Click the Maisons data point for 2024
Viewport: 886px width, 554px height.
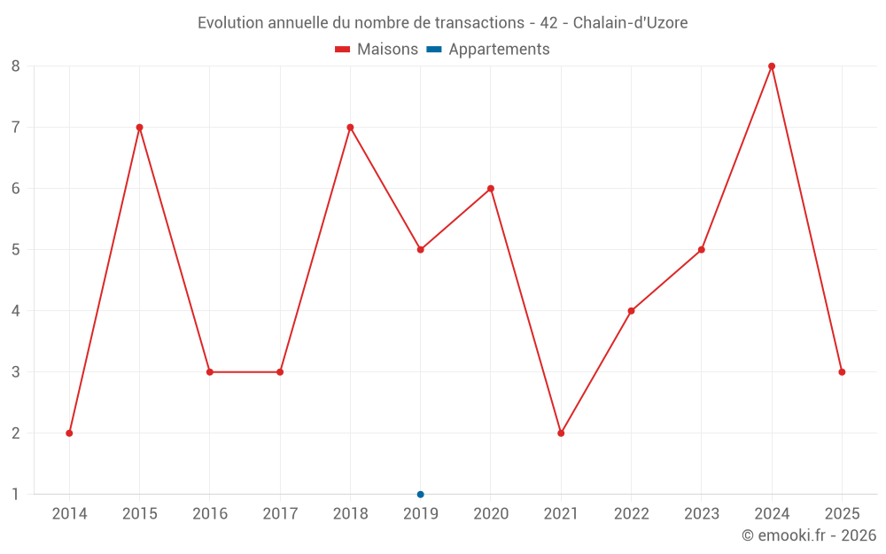[772, 66]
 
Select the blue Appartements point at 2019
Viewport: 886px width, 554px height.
[420, 494]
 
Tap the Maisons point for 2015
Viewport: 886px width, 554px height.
[139, 127]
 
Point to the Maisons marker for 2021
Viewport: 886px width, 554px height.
[561, 433]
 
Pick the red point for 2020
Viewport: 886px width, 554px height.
[491, 188]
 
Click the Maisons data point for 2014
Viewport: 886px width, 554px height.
[69, 433]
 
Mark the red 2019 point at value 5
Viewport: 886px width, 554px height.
[420, 249]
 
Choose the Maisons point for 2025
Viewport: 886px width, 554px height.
[842, 371]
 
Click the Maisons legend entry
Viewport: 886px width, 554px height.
[377, 50]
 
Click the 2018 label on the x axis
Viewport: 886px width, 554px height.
[350, 514]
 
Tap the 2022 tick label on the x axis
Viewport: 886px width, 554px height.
[631, 514]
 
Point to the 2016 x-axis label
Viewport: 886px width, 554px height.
[210, 514]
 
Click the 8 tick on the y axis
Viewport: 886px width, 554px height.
[15, 66]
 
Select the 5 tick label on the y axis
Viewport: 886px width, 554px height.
[15, 249]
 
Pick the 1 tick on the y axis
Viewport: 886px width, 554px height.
[15, 494]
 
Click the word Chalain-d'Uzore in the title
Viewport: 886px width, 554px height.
[630, 23]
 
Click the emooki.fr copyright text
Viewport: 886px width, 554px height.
[809, 535]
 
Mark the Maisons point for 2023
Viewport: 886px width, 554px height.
[701, 249]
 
